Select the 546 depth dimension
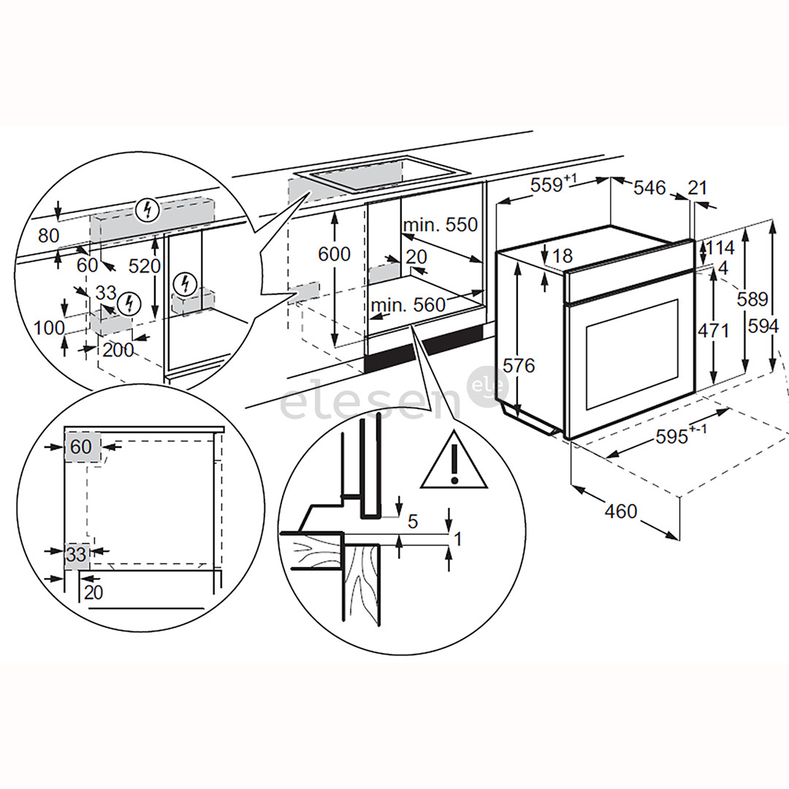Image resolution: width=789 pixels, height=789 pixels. click(649, 188)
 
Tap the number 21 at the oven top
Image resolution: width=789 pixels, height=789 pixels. click(698, 188)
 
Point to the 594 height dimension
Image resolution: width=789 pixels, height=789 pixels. click(763, 326)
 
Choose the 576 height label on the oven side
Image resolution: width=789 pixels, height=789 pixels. click(519, 365)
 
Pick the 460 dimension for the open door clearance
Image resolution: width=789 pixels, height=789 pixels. click(621, 511)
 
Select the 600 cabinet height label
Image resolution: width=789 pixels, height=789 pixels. click(334, 254)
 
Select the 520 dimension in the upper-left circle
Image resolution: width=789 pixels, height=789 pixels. click(145, 266)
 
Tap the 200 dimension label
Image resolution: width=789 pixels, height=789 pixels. click(118, 350)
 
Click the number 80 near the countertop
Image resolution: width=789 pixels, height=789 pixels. click(48, 236)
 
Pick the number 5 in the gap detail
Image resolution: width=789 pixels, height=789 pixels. click(412, 522)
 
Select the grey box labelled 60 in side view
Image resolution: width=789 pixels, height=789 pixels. click(81, 446)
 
